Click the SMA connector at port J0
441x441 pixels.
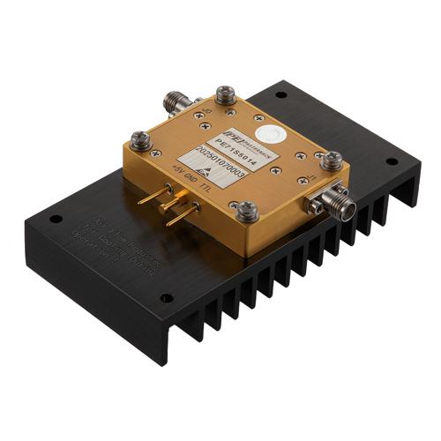179,99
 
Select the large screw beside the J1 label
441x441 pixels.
333,161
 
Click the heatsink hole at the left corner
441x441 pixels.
54,219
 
